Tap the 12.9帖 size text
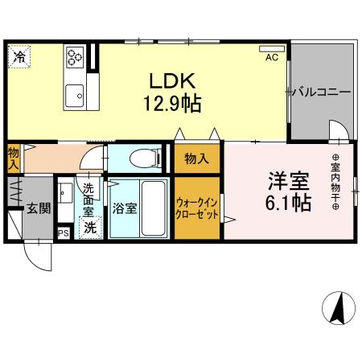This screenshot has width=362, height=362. (x=172, y=104)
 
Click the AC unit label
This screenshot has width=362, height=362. (x=271, y=57)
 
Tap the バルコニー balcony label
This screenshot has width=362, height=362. (x=321, y=92)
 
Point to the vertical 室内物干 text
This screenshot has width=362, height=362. (x=335, y=181)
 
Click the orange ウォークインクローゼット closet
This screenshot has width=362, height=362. (x=196, y=208)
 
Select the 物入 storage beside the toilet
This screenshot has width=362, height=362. (x=195, y=159)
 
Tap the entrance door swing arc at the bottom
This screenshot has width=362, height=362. (x=40, y=257)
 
